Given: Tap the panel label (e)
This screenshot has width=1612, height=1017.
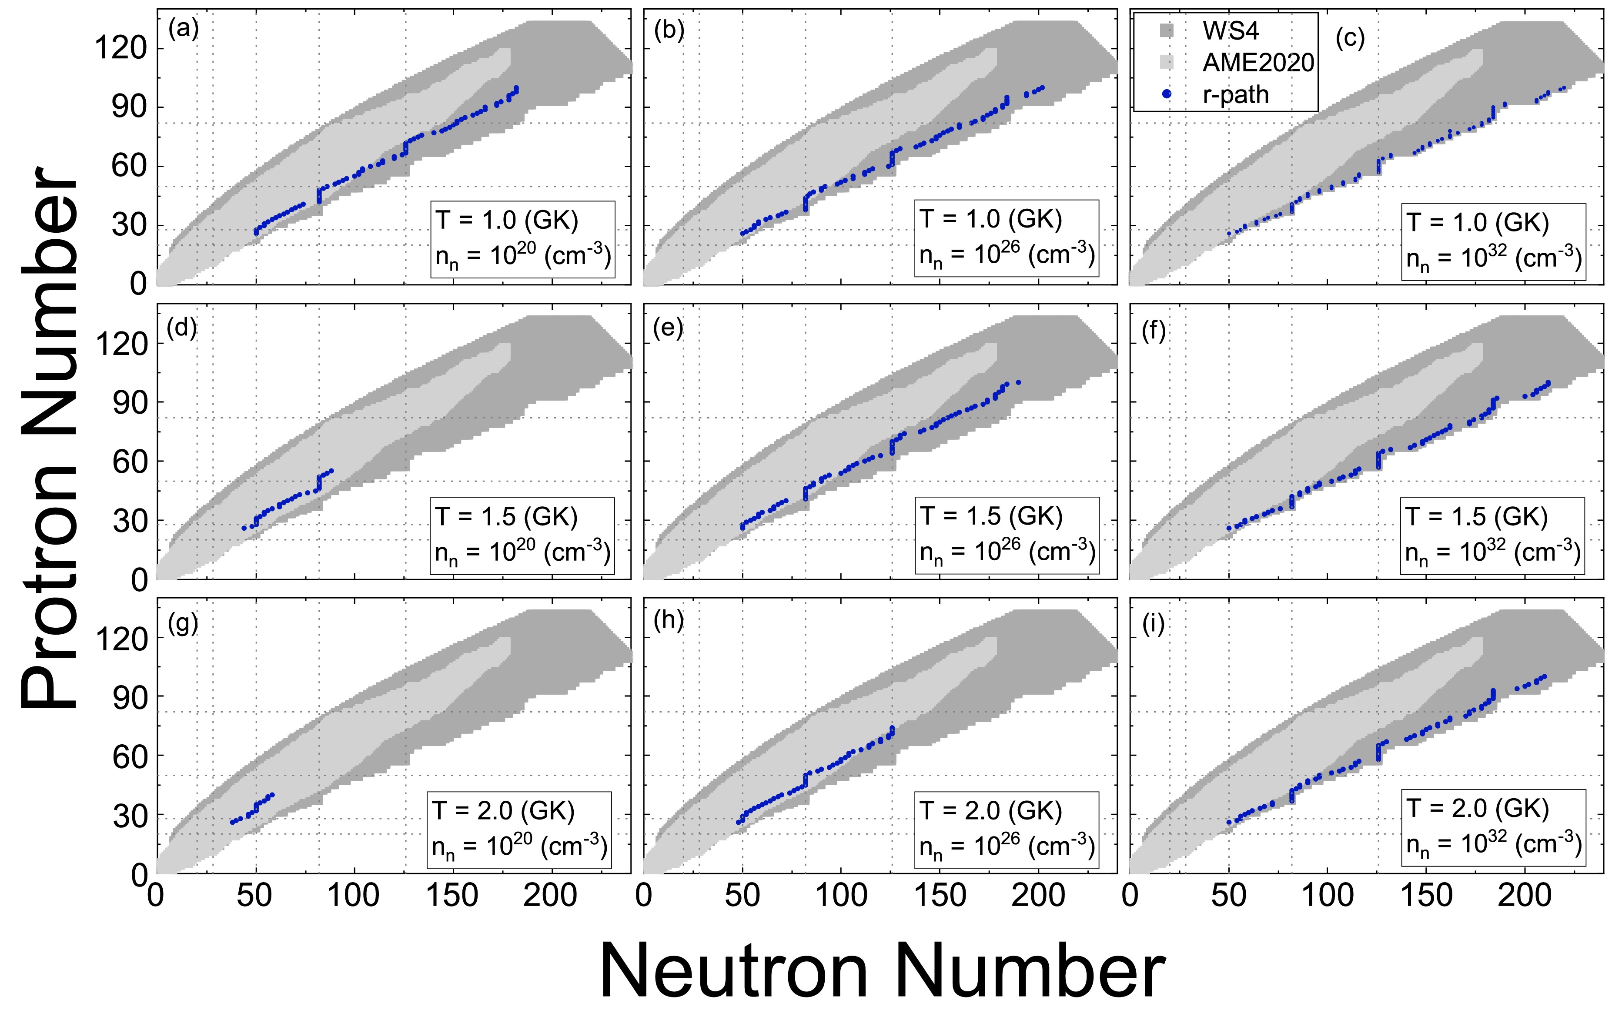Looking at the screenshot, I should tap(668, 328).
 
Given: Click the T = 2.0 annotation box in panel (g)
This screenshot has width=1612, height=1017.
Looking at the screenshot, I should tap(519, 830).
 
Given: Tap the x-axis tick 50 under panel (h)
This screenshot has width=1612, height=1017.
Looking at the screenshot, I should tap(742, 896).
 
